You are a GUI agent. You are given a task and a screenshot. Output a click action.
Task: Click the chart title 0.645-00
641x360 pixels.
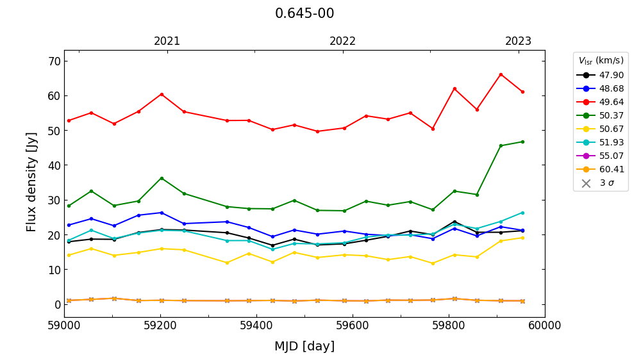(x=304, y=13)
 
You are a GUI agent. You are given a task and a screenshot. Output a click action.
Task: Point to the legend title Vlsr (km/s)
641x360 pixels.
(x=601, y=61)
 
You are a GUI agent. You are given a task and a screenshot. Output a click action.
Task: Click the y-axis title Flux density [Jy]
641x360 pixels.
(x=31, y=182)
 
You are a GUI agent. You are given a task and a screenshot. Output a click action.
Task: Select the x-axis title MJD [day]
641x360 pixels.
(x=304, y=347)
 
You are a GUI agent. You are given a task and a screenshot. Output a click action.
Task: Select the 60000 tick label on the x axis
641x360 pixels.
(x=544, y=325)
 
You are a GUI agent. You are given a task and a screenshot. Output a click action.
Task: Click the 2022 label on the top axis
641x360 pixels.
(x=343, y=42)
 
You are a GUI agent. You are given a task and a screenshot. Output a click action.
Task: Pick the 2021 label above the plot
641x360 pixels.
(x=167, y=42)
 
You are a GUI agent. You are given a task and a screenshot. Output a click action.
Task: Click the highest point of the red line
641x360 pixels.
(x=501, y=74)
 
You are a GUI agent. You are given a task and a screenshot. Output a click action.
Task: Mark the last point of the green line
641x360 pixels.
(x=522, y=142)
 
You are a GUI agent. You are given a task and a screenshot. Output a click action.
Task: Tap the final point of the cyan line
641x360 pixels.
(x=522, y=213)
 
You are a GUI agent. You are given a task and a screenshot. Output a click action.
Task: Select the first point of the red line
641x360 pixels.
(x=69, y=120)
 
